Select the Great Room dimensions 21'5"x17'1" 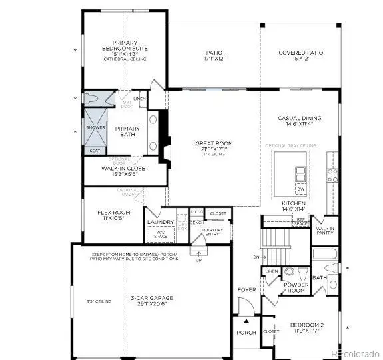tap(213, 149)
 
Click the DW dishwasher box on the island tap(300, 189)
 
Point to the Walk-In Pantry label tap(325, 230)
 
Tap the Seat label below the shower tap(95, 151)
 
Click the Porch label tap(246, 333)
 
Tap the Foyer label tap(246, 289)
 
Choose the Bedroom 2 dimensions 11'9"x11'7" tap(307, 330)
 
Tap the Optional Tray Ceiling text tap(290, 145)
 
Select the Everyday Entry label tap(212, 232)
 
